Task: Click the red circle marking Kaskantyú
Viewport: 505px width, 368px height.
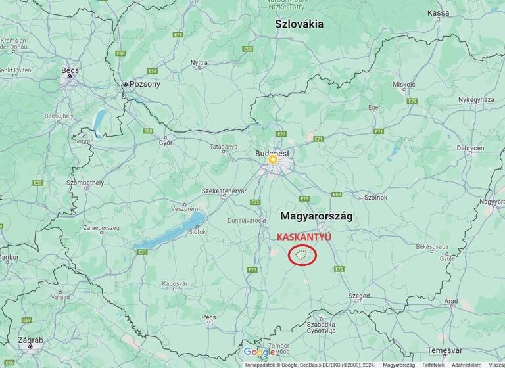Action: (302, 254)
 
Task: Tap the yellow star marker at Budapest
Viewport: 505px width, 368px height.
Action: (272, 159)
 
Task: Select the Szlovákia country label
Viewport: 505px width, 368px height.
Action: (299, 24)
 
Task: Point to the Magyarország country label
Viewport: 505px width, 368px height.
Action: (316, 216)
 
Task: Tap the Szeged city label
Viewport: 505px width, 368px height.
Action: (359, 296)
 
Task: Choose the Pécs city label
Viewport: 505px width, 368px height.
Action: (209, 317)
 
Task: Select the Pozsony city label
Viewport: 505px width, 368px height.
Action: (145, 84)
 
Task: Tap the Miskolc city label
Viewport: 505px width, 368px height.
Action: (404, 84)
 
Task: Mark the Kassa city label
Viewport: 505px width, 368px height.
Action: (438, 12)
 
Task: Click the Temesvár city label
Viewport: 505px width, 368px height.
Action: (445, 350)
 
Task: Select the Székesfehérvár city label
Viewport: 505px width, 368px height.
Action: (224, 191)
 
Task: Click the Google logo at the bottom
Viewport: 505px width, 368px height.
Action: (260, 352)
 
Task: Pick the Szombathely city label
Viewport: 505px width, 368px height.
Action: (85, 182)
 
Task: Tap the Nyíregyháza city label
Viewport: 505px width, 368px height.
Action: (475, 100)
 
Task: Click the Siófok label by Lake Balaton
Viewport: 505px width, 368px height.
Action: (197, 231)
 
